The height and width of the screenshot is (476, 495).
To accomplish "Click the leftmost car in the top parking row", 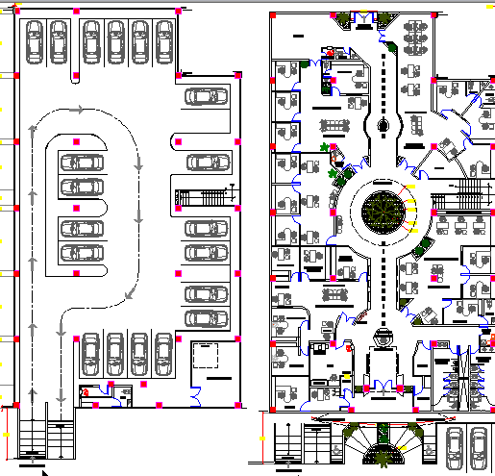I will coord(34,42).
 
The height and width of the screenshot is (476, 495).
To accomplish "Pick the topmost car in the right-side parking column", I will coord(206,96).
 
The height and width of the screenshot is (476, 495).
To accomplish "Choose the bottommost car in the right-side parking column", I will coord(206,318).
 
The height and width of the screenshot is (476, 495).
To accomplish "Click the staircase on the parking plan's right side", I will coord(204,194).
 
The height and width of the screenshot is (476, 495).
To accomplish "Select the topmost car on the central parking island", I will coord(83,164).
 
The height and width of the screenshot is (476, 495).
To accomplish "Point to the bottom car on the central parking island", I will coord(83,252).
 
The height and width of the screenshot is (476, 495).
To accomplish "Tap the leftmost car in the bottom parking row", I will coord(92,355).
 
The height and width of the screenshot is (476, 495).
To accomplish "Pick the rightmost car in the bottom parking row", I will coord(164,355).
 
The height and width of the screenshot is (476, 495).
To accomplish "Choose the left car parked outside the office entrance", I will coord(454,447).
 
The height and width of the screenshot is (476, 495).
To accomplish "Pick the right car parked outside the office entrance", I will coord(480,447).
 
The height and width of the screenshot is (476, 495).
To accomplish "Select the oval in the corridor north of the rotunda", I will coord(384,126).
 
